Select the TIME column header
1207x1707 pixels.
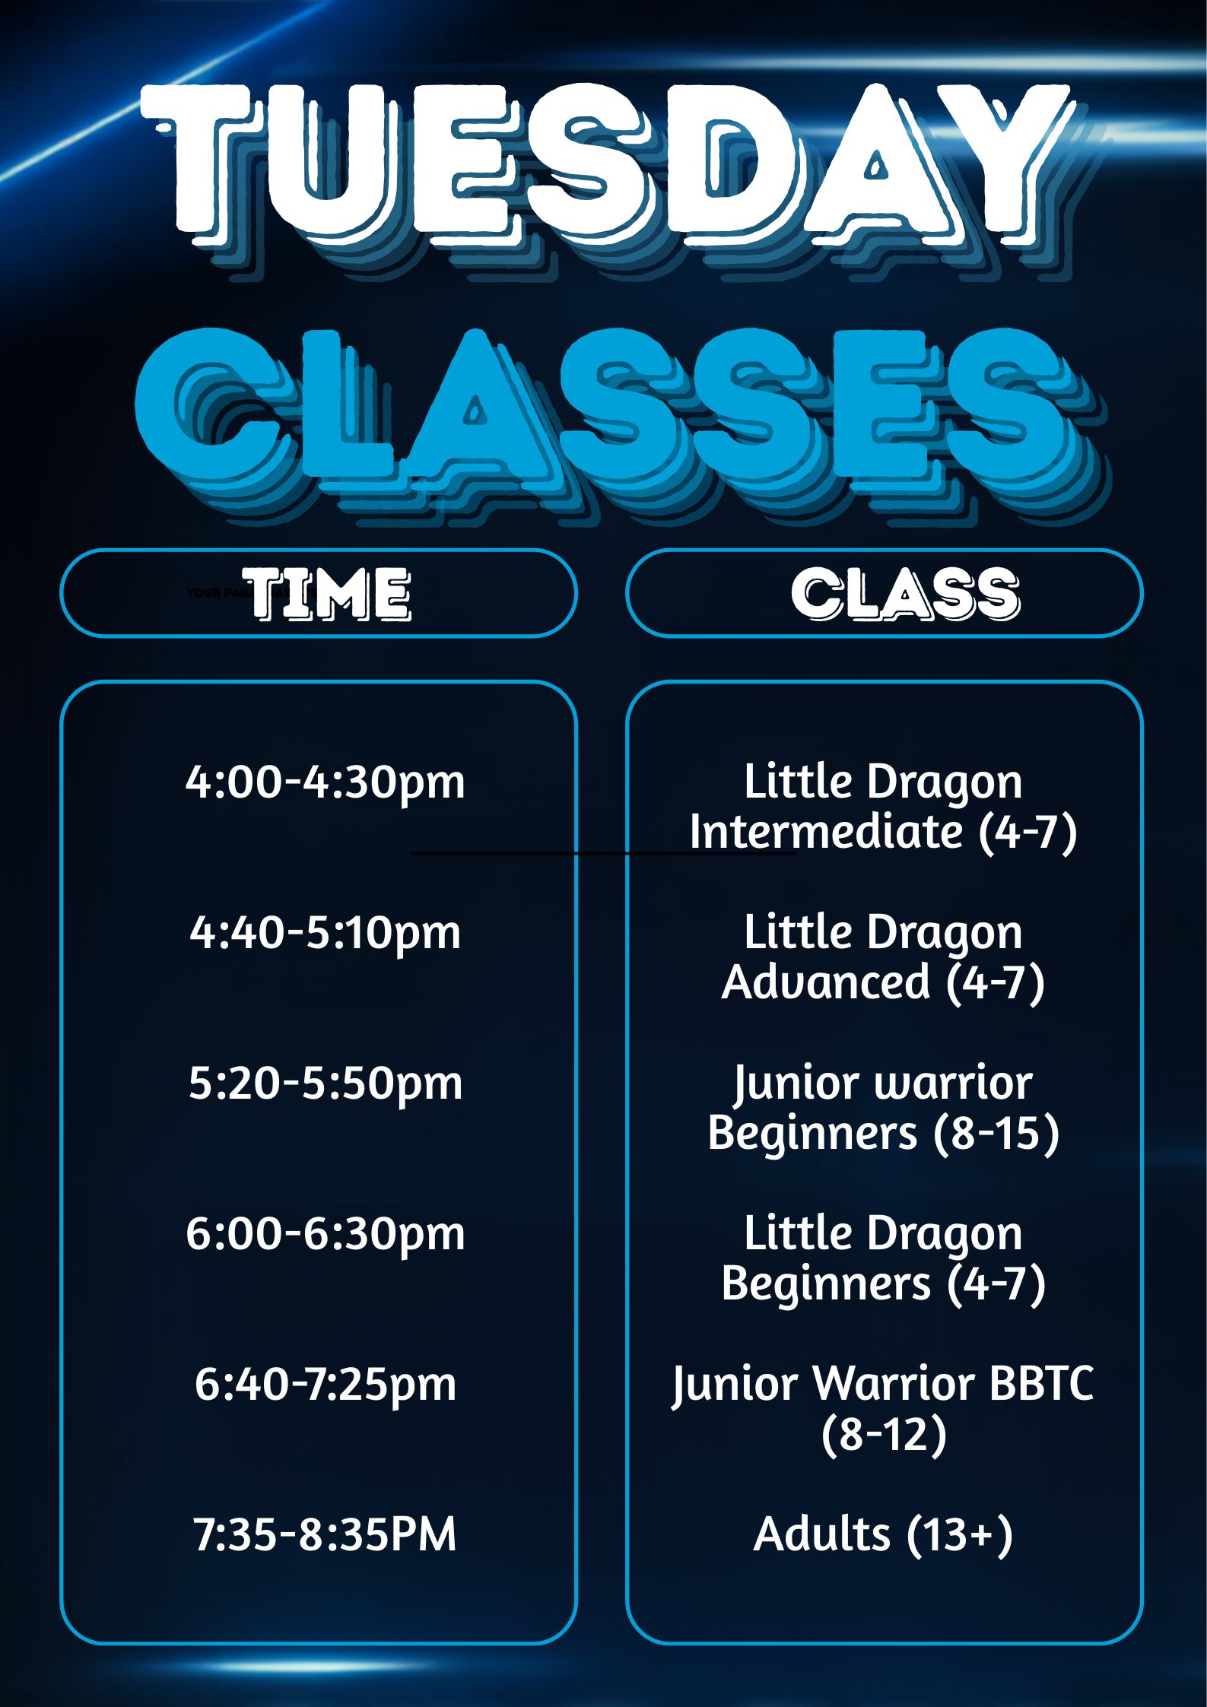329,593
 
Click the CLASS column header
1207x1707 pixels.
905,593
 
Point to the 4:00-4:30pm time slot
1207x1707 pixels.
326,782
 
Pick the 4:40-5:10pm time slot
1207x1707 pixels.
326,932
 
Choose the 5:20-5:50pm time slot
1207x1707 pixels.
326,1083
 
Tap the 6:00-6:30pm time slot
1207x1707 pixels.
326,1233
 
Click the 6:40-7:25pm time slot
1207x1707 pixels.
326,1384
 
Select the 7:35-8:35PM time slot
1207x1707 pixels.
326,1534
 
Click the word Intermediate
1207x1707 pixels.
827,831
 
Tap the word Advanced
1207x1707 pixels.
826,981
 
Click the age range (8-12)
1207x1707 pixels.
884,1434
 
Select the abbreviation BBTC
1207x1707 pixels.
1040,1383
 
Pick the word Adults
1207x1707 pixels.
821,1534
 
